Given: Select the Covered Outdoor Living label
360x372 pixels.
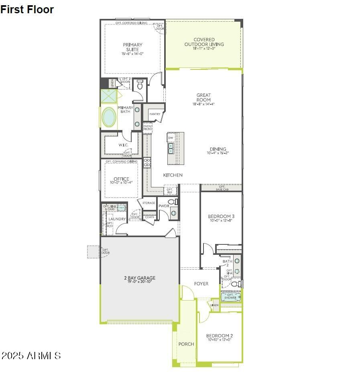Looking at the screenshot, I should (x=204, y=42).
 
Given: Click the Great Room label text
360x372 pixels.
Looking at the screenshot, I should (x=203, y=98).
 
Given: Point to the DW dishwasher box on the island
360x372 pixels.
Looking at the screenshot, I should (x=171, y=138).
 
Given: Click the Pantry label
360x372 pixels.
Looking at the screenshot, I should (x=155, y=114).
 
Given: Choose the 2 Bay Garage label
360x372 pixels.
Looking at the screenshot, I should (x=139, y=278).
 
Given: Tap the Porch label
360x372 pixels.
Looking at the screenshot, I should (x=186, y=344).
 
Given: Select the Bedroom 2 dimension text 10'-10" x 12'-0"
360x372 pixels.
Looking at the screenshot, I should (x=219, y=340).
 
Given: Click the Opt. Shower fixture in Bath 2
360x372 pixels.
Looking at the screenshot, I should (x=231, y=297).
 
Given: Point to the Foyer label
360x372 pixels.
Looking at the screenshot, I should (x=201, y=284).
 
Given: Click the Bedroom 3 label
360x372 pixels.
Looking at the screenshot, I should (x=222, y=216).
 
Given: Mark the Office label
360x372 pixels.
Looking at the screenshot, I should (x=121, y=179).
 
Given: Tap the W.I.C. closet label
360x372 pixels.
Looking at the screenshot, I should (x=123, y=145).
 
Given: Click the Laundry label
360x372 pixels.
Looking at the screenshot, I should (x=118, y=219).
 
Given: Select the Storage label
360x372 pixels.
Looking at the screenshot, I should (x=148, y=203).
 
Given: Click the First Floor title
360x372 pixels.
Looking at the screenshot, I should (x=27, y=10).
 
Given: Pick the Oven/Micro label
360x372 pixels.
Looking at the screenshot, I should (x=147, y=128).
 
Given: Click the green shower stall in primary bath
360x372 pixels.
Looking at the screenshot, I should (x=108, y=96).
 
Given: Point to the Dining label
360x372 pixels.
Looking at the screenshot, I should (x=218, y=149).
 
